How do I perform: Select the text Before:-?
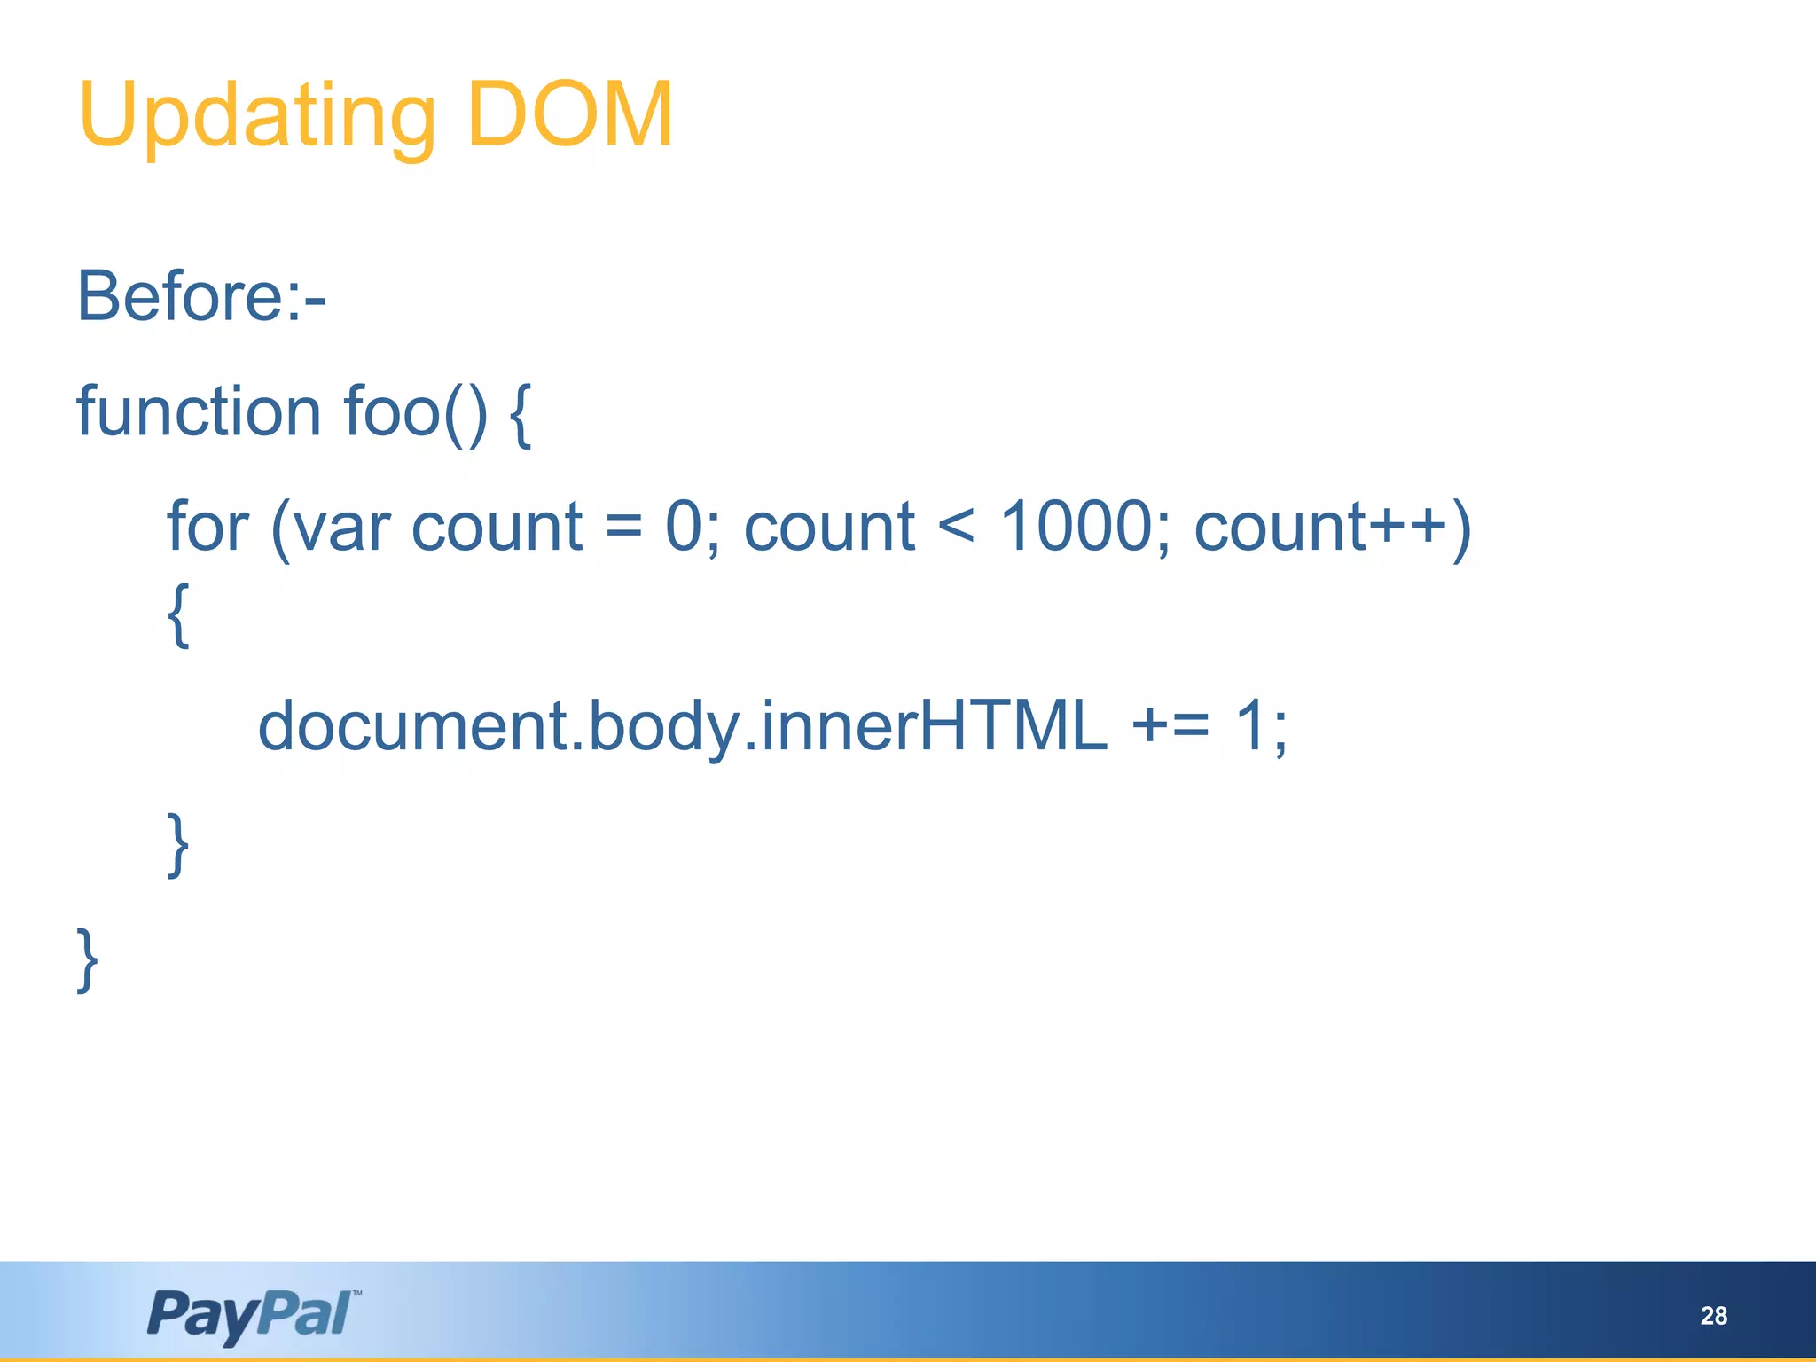click(x=202, y=296)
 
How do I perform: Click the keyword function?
click(x=199, y=411)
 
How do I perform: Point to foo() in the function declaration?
click(x=415, y=413)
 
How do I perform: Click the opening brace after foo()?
click(x=521, y=415)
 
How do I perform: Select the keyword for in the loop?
click(x=207, y=527)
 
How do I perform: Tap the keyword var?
click(x=340, y=530)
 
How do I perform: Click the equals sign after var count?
click(x=623, y=528)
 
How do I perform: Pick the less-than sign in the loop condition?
click(x=956, y=527)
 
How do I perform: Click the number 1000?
click(x=1075, y=527)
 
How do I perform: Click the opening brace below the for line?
click(x=178, y=615)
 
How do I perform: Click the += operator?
click(x=1170, y=725)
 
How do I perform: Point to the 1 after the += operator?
click(x=1250, y=725)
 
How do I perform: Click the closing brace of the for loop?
click(x=178, y=844)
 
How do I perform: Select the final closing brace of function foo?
click(x=87, y=959)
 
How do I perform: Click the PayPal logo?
click(x=254, y=1314)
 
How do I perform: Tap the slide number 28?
click(x=1713, y=1316)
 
